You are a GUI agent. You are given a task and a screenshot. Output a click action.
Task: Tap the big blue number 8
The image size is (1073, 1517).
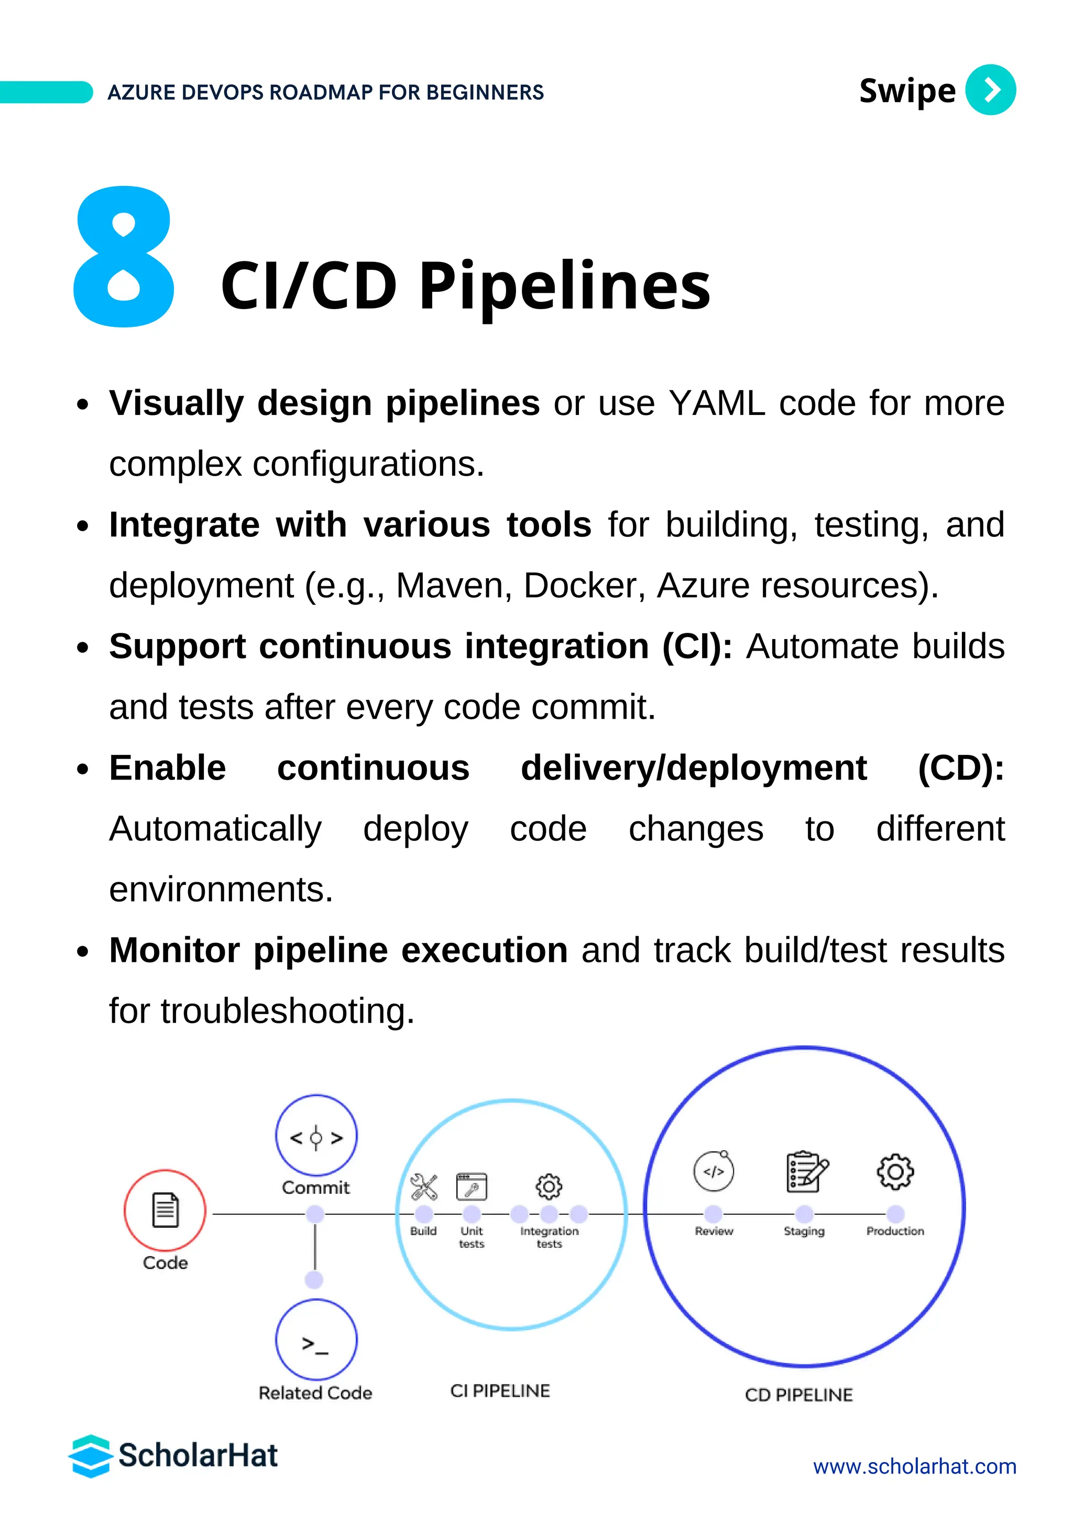(x=124, y=258)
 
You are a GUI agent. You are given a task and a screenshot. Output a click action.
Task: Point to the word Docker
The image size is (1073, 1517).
(x=584, y=586)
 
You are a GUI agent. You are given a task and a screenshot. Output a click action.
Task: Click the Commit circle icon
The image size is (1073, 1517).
(x=316, y=1136)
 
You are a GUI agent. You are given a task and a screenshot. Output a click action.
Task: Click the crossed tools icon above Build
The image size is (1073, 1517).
(x=423, y=1186)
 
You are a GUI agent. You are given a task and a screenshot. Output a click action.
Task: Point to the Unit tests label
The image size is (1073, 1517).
(x=472, y=1237)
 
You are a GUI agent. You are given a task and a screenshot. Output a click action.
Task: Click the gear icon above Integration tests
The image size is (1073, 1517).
(x=549, y=1186)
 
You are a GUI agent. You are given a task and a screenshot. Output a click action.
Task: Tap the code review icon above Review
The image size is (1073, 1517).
(x=714, y=1171)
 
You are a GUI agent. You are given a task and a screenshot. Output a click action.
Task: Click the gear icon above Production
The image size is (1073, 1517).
(x=895, y=1171)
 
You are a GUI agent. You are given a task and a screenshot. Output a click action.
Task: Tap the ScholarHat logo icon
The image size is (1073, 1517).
(x=90, y=1456)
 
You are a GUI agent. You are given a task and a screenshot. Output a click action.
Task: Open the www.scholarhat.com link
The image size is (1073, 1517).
(x=914, y=1467)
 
